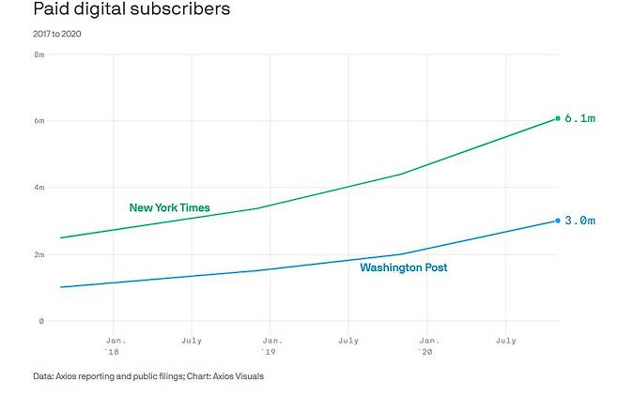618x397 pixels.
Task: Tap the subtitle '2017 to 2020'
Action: coord(58,35)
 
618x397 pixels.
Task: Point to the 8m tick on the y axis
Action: coord(39,54)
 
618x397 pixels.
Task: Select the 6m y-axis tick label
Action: coord(39,121)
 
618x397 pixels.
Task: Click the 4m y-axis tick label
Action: coord(39,188)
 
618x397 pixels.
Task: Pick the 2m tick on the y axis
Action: coord(39,254)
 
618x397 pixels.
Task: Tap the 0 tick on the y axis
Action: coord(41,321)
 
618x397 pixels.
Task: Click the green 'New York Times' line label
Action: coord(169,207)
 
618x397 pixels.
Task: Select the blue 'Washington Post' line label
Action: coord(404,267)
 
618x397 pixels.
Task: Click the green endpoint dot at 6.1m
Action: coord(558,118)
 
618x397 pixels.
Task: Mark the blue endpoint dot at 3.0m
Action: coord(558,221)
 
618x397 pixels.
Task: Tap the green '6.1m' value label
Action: coord(579,119)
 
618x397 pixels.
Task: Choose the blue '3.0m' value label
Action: coord(579,221)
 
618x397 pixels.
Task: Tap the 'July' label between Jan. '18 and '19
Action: coord(192,340)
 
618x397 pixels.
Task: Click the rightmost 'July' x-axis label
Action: coord(506,340)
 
